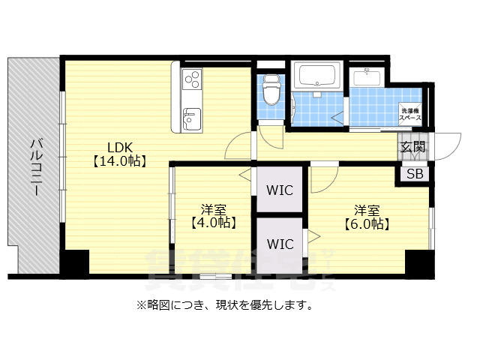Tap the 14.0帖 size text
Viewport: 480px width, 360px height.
[x=118, y=160]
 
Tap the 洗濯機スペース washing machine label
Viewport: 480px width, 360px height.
[x=410, y=114]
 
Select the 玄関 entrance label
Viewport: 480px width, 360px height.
[x=412, y=147]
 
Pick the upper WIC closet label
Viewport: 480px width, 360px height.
[x=280, y=189]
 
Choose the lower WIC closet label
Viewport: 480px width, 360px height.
[x=280, y=244]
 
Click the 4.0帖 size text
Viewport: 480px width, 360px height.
[x=214, y=223]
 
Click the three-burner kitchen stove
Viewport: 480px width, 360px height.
[x=190, y=79]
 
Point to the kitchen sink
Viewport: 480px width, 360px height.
[x=190, y=118]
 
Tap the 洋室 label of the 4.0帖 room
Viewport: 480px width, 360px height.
[x=214, y=208]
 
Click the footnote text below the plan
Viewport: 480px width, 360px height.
[x=223, y=305]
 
